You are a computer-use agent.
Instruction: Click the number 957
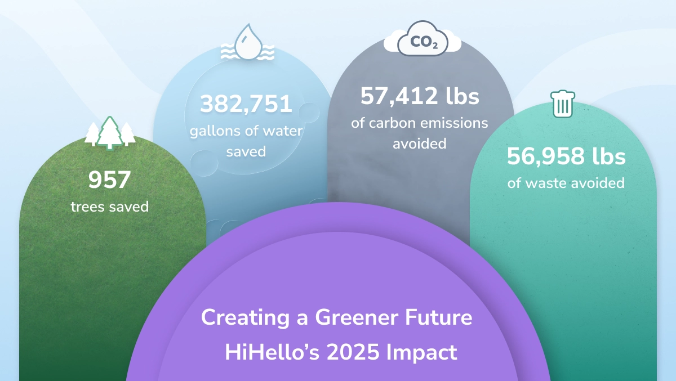109,180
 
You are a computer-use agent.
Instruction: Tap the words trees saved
109,207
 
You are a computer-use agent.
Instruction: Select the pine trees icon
110,133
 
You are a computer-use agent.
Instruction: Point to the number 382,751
246,104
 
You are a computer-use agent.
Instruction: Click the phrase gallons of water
246,131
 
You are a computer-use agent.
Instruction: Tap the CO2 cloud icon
422,41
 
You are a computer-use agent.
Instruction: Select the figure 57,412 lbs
420,96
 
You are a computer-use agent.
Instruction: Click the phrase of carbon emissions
420,123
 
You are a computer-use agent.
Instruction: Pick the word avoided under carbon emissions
420,144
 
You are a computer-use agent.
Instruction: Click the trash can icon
563,105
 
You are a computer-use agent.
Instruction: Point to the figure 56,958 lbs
566,156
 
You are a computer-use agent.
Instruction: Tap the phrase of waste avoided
566,183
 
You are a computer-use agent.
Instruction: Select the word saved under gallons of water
246,152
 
